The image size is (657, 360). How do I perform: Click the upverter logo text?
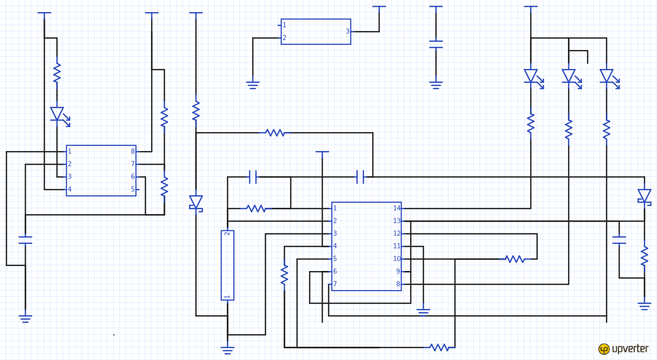coord(630,349)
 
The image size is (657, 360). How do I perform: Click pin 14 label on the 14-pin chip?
coord(397,208)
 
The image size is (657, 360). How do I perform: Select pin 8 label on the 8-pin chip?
coord(133,152)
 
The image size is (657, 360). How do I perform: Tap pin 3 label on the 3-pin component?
coord(347,32)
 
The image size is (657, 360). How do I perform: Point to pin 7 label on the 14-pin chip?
coord(335,284)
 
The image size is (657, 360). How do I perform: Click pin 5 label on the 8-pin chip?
coord(133,189)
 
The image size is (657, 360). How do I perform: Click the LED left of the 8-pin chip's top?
coord(59,116)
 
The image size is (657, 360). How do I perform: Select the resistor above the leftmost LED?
coord(57,73)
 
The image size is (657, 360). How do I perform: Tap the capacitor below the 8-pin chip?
coord(25,240)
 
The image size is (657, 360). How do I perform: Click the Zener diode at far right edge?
coord(644,196)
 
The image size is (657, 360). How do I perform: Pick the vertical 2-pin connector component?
coord(227,265)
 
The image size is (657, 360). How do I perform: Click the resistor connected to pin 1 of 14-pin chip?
coord(256,208)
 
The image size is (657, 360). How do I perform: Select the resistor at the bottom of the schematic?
coord(438,347)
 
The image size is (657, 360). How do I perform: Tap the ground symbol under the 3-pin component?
coord(253,85)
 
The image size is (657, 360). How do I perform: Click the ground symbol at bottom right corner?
coord(644,306)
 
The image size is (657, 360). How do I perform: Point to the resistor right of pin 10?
coord(514,259)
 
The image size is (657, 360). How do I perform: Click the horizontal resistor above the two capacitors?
coord(275,133)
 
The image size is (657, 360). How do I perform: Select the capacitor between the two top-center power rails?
coord(436,44)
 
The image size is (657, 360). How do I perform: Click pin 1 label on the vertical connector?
coord(227,297)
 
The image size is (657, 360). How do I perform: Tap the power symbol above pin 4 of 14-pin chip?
coord(322,152)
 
